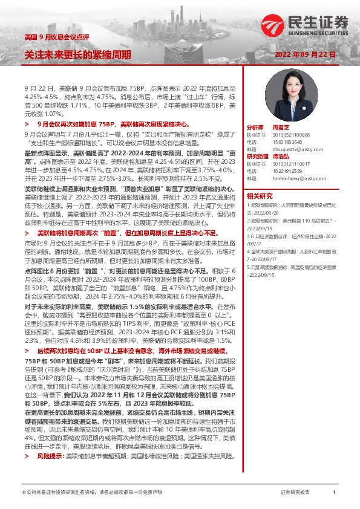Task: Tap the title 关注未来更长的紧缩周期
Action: point(77,54)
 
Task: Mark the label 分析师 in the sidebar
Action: point(255,128)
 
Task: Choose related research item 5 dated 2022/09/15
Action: point(289,271)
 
